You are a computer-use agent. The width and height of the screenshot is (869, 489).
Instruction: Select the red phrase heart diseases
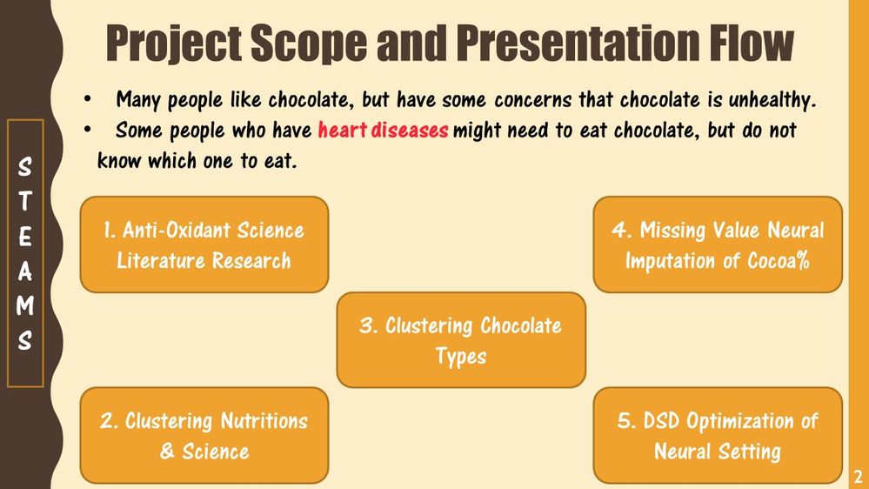383,130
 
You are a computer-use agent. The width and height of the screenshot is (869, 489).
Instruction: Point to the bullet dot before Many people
87,99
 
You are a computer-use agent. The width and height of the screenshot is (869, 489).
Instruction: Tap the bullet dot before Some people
87,129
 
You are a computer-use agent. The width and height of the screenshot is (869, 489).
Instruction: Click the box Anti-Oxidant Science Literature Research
204,244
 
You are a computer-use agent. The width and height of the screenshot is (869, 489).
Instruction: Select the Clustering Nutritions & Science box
204,435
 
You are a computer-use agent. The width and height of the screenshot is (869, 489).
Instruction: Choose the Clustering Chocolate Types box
461,340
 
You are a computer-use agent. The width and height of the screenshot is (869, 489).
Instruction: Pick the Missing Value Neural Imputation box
718,244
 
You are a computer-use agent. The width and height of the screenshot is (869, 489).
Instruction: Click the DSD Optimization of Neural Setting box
718,435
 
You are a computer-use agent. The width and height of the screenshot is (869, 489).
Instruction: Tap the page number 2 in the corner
858,476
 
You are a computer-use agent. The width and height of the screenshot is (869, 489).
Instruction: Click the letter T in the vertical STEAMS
25,201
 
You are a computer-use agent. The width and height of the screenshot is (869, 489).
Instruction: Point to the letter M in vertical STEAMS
25,305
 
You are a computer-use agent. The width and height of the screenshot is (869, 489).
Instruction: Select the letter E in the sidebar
25,237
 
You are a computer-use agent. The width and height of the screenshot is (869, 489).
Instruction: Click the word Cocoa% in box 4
779,260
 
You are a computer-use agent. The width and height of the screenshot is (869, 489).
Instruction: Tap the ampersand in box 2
167,451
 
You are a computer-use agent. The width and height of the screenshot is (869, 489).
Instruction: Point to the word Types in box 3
461,357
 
